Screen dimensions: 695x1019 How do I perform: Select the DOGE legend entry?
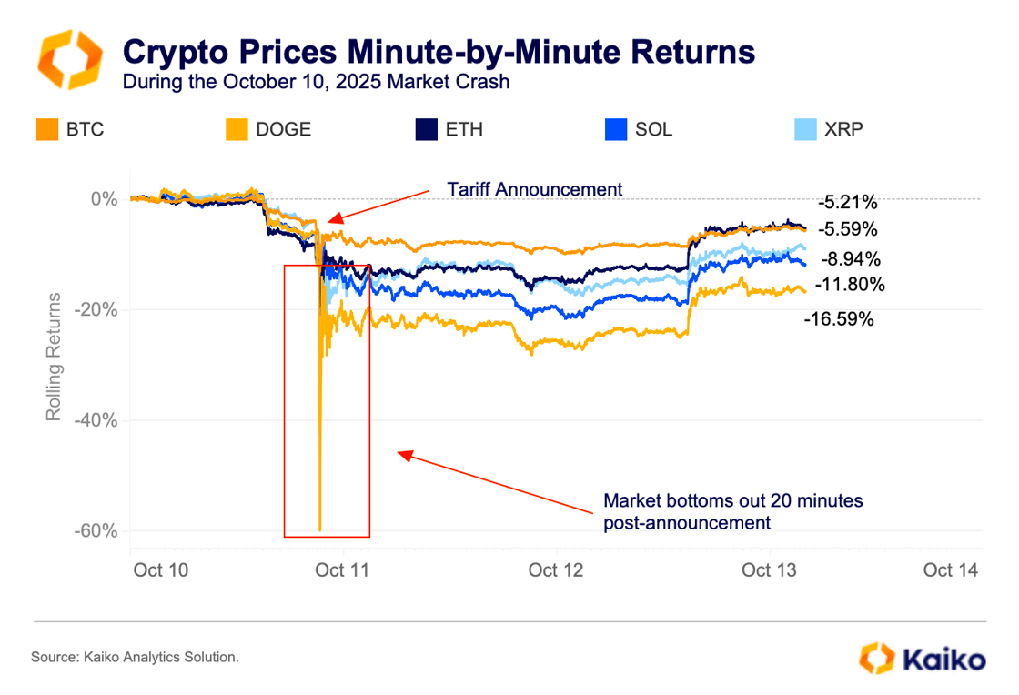(267, 129)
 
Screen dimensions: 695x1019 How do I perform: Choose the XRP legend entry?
(828, 129)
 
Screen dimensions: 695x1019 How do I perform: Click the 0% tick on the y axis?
(107, 199)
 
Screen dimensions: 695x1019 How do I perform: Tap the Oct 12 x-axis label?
(555, 570)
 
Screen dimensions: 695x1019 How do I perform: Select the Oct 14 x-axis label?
(950, 570)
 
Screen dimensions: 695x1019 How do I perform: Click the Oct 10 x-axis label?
(161, 570)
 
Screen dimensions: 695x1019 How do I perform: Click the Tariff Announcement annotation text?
(534, 189)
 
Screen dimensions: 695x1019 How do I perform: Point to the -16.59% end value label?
(838, 319)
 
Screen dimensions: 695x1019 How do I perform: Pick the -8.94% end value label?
(849, 257)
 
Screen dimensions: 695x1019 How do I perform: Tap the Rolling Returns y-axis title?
(54, 356)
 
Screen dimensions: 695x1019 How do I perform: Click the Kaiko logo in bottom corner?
(922, 658)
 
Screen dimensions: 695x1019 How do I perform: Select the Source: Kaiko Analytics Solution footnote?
(135, 657)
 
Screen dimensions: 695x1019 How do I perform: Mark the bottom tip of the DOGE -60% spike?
(320, 530)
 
